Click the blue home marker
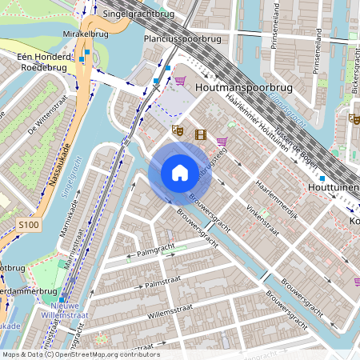point(180,173)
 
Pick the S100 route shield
point(28,226)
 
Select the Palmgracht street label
point(156,252)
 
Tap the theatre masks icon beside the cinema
point(178,129)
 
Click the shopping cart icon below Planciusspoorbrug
point(180,81)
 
